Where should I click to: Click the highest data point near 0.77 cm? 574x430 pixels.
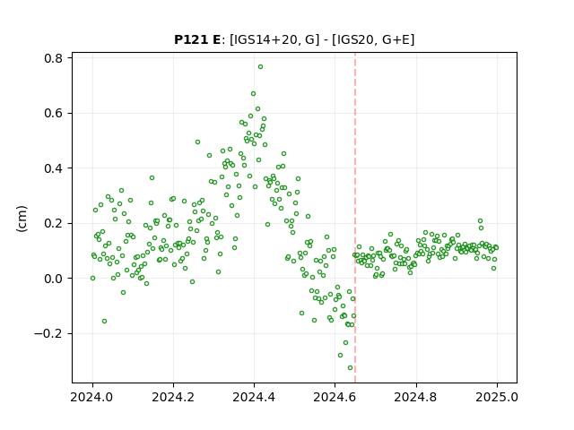[x=260, y=67]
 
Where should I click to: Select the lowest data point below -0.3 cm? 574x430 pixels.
[x=351, y=368]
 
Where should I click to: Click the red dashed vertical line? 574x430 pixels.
[x=355, y=218]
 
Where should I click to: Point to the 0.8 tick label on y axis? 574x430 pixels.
[x=53, y=58]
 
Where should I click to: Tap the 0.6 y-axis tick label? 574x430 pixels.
[x=53, y=114]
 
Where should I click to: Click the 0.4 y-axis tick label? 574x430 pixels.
[x=53, y=168]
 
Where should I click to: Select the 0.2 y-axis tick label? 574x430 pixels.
[x=53, y=223]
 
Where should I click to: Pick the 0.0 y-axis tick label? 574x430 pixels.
[x=53, y=279]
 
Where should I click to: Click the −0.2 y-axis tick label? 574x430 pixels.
[x=48, y=334]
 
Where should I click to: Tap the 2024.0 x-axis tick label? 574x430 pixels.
[x=92, y=397]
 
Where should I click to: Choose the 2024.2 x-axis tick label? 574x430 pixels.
[x=173, y=397]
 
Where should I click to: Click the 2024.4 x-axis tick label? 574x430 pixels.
[x=254, y=397]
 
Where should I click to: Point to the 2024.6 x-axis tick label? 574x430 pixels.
[x=335, y=397]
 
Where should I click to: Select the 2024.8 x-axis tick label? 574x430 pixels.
[x=416, y=397]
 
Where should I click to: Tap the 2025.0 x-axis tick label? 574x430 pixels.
[x=497, y=397]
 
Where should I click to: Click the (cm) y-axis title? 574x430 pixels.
[x=22, y=219]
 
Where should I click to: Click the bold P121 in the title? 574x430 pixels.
[x=192, y=39]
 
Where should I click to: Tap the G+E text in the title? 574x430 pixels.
[x=396, y=39]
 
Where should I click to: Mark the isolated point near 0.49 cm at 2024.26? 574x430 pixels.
[x=197, y=142]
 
